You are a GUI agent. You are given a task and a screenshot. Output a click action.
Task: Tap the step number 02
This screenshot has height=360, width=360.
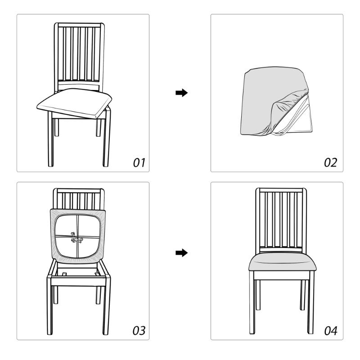pos(331,162)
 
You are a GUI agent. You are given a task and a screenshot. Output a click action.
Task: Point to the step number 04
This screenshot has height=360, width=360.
pos(331,331)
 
